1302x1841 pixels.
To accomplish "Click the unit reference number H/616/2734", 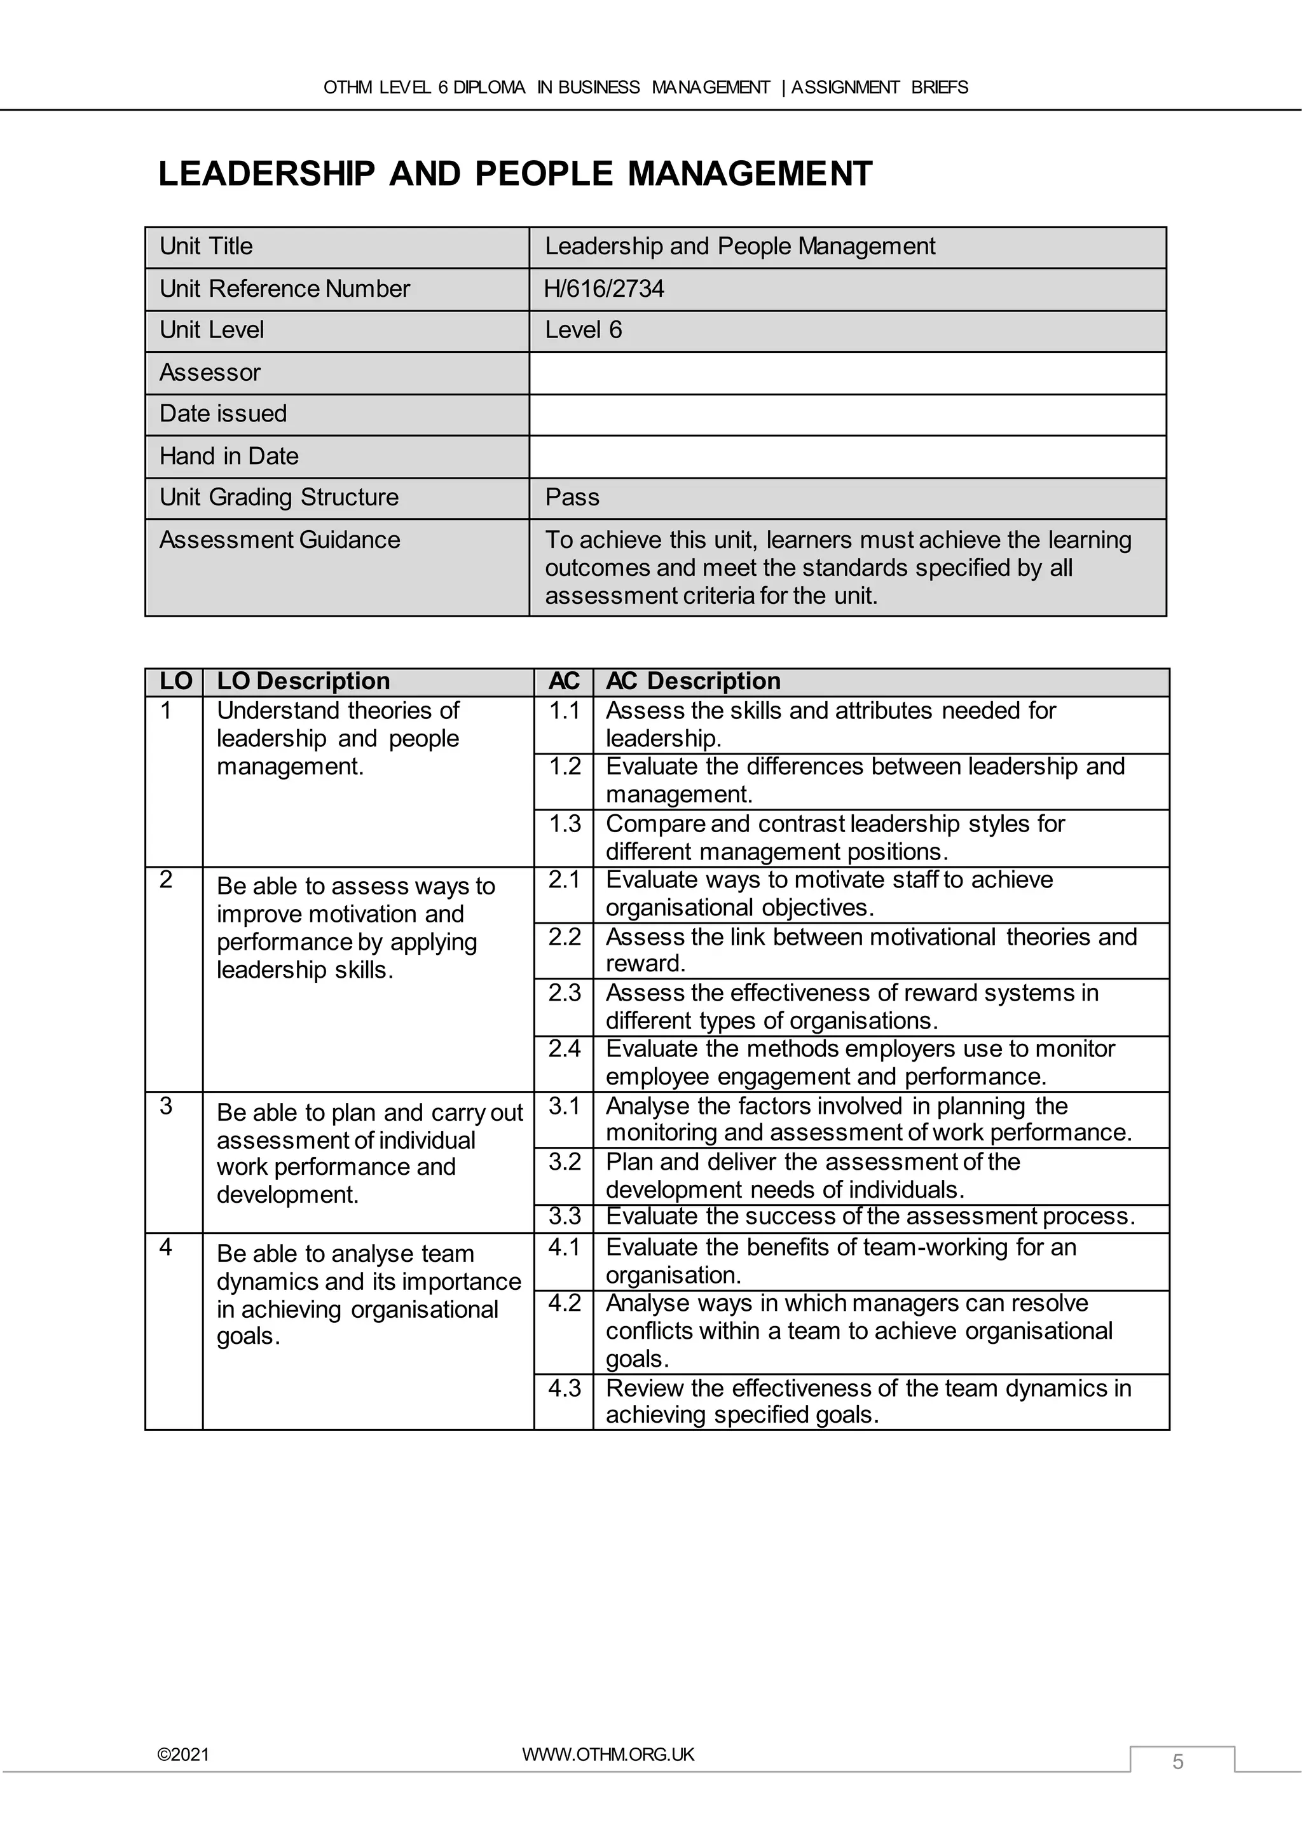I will (x=604, y=289).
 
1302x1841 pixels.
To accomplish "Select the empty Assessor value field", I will (x=847, y=373).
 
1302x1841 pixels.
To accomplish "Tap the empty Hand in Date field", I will (x=847, y=456).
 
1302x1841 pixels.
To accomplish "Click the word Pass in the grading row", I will (x=572, y=497).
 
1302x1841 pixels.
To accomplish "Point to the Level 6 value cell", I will (x=583, y=331).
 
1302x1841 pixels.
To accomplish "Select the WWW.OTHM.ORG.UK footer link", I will (x=608, y=1754).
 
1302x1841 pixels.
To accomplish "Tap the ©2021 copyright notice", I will (x=184, y=1755).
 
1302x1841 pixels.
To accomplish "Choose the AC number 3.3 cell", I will (x=564, y=1216).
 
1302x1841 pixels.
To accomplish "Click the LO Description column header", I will (x=303, y=681).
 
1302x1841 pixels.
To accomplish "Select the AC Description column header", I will (x=693, y=681).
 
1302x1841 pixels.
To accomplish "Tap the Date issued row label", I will (x=223, y=414).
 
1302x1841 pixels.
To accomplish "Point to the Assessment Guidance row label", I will (x=279, y=540).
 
